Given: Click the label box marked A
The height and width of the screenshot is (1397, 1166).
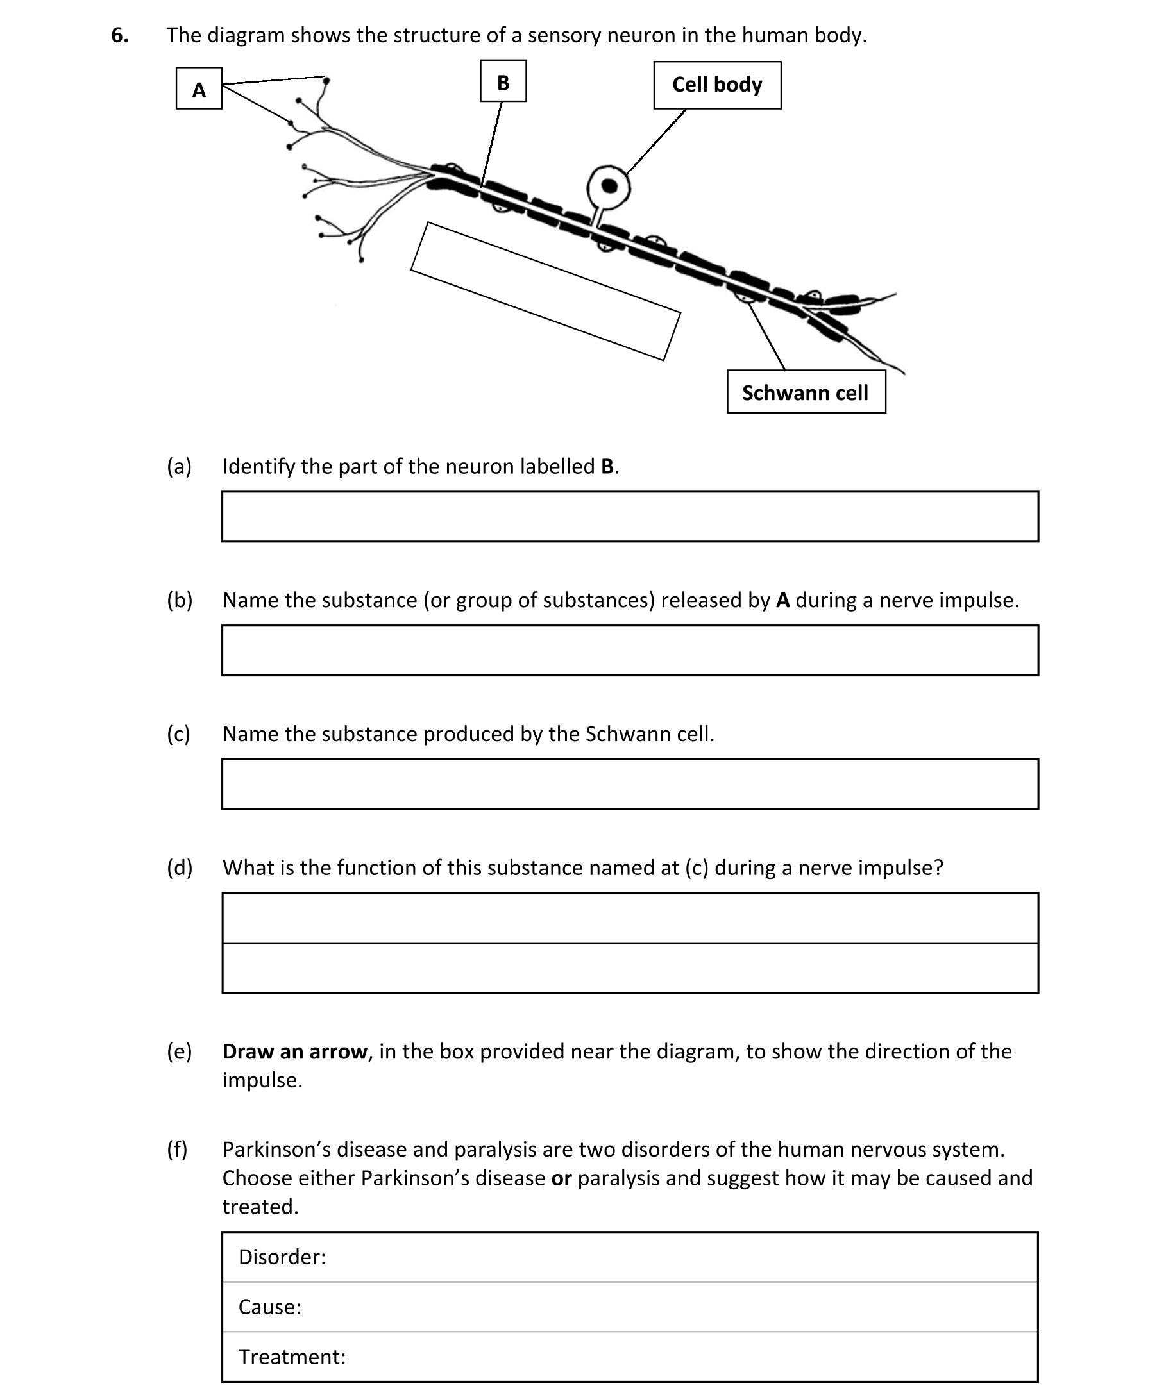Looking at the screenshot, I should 198,88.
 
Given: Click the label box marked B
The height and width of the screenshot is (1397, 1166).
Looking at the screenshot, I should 503,81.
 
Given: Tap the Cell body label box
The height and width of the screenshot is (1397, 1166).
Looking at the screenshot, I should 717,85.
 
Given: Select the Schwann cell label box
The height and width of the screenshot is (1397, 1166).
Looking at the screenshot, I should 806,392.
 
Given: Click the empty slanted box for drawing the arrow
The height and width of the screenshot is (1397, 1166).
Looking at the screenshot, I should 545,291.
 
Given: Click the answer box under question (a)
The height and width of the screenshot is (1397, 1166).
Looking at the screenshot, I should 630,517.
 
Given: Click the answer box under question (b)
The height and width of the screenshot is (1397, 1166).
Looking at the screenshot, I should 630,651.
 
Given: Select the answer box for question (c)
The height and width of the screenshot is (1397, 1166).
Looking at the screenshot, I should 630,784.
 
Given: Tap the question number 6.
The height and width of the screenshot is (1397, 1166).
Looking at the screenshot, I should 120,35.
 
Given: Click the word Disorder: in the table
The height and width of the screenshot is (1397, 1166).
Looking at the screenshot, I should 282,1257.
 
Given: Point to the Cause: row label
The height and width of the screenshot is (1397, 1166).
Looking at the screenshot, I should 269,1307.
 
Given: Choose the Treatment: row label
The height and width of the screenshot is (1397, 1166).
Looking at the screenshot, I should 292,1357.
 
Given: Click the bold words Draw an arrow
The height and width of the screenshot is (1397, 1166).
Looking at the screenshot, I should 294,1051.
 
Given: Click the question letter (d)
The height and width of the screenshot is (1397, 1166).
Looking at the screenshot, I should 179,867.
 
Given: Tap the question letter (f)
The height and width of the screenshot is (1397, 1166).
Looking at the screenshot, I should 177,1149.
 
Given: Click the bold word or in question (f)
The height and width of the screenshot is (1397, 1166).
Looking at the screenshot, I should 561,1178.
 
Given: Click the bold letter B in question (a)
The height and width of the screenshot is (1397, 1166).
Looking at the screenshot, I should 607,466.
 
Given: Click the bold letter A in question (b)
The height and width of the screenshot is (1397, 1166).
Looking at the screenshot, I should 782,600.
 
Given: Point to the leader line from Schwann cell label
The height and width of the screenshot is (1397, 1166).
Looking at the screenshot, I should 766,336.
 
